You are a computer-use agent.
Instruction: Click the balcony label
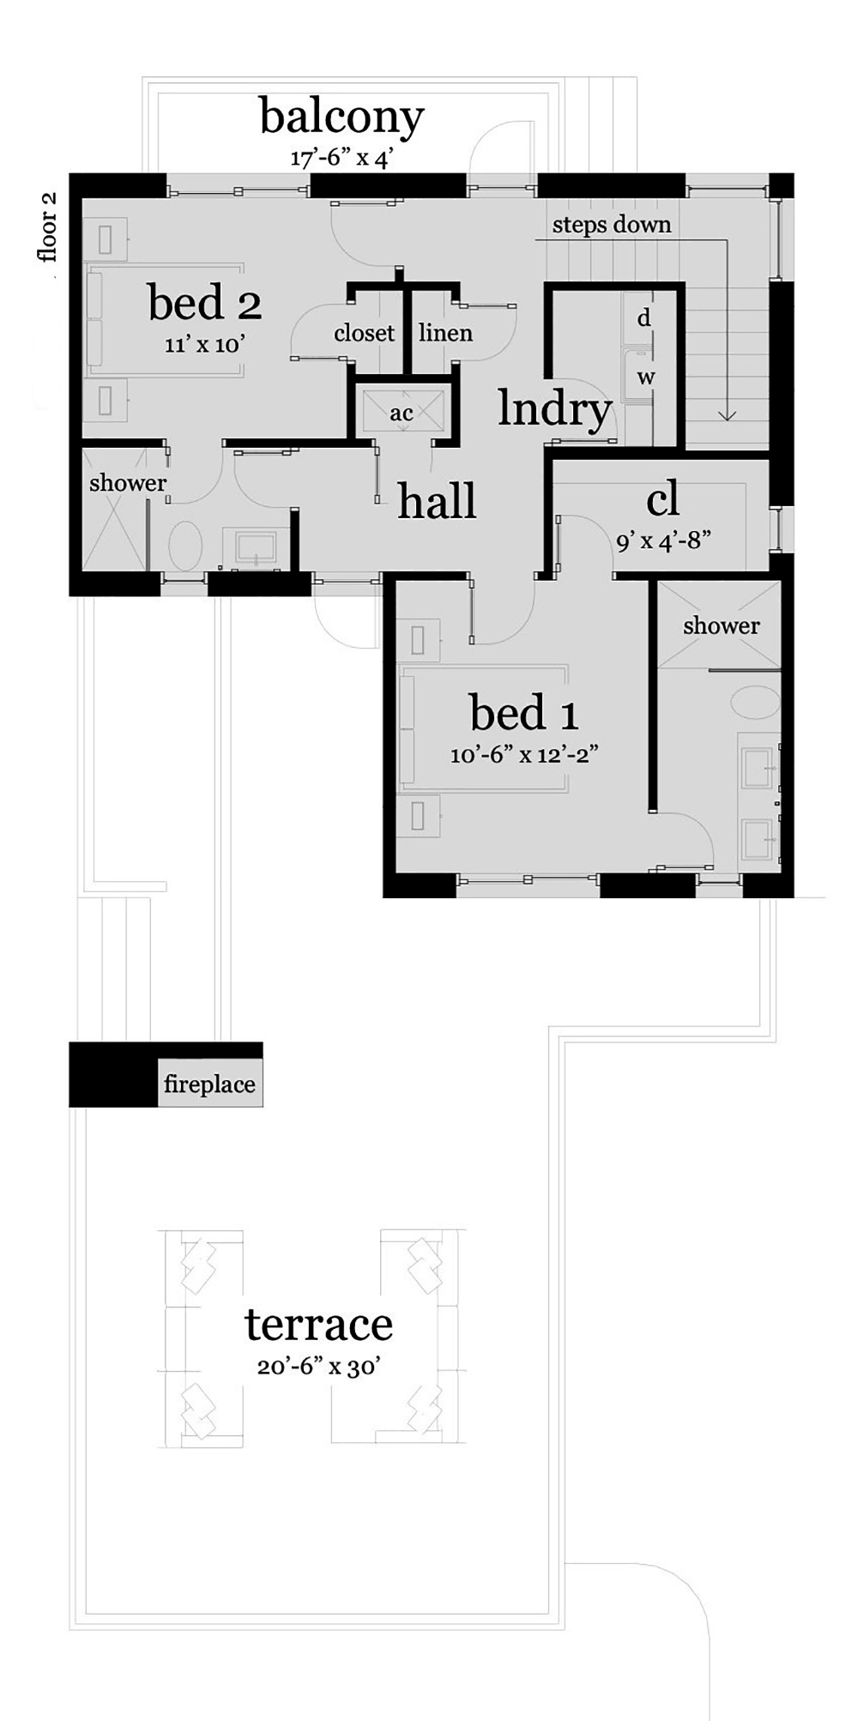tap(341, 118)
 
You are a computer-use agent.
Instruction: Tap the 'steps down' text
tap(612, 225)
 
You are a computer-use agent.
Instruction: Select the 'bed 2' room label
tap(205, 302)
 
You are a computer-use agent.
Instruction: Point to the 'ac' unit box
tap(402, 412)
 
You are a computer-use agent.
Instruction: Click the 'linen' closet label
tap(445, 333)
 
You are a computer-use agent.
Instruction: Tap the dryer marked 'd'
tap(643, 319)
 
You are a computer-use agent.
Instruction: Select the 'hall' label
tap(437, 500)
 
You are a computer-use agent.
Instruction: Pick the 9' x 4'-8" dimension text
tap(664, 541)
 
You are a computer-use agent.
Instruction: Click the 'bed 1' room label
tap(524, 712)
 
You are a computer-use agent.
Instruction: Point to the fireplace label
tap(209, 1084)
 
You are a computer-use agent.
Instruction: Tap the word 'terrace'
tap(319, 1325)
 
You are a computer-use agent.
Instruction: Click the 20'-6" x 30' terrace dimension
tap(318, 1367)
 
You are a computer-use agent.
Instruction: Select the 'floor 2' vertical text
tap(48, 227)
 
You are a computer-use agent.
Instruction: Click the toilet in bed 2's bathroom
tap(184, 546)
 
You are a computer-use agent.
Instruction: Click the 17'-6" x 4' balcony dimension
tap(341, 159)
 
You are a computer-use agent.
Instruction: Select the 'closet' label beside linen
tap(364, 333)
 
